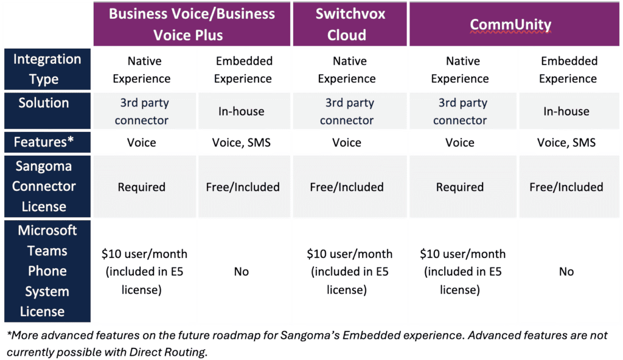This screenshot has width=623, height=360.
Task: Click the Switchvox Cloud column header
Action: (x=350, y=24)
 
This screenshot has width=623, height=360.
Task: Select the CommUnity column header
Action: (x=514, y=24)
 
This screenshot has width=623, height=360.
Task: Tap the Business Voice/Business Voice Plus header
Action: (x=192, y=24)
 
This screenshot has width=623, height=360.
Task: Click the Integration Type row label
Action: (x=47, y=69)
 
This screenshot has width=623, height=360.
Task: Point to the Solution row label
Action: (x=47, y=111)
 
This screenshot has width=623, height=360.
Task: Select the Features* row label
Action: (x=47, y=142)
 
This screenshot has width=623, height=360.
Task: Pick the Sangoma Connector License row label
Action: (x=47, y=186)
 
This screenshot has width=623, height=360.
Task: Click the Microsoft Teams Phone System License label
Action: (x=47, y=271)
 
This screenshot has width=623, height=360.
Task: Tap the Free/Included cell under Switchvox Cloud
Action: (x=347, y=187)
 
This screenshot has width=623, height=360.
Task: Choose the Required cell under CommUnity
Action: (x=460, y=187)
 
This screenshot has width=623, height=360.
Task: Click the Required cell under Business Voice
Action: (x=141, y=187)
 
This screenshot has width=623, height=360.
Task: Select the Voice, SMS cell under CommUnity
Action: (x=566, y=142)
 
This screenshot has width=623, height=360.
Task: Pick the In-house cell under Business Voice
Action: (x=241, y=111)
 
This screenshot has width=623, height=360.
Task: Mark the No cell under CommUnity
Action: (x=566, y=271)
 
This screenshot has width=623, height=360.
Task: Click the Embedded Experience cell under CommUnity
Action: (x=568, y=69)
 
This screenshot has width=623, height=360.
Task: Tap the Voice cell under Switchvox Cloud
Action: (x=347, y=142)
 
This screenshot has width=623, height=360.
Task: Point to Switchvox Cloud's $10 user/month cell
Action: (x=349, y=272)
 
